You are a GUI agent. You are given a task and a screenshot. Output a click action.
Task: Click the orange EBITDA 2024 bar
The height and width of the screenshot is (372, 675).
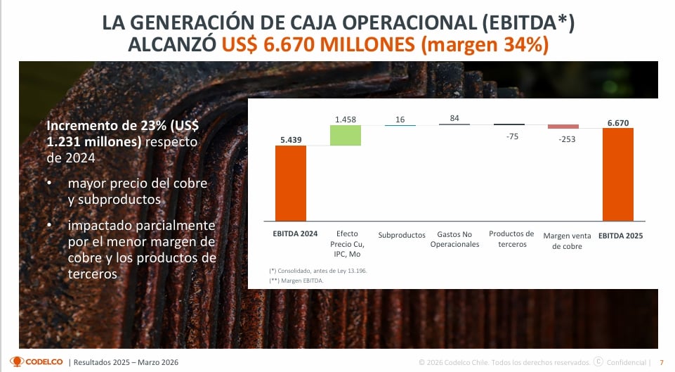click(x=290, y=183)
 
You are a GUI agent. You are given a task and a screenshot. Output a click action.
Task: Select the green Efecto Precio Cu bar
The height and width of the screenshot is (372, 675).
click(x=345, y=135)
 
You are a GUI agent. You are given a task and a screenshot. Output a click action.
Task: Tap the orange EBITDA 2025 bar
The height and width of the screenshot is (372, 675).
click(x=618, y=174)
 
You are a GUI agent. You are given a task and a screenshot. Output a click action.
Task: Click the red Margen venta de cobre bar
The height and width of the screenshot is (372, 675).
click(x=563, y=127)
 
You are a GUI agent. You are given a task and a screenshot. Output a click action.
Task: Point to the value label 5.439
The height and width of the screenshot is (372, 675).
click(x=290, y=139)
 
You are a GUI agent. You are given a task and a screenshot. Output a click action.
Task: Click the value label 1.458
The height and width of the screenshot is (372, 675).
click(x=346, y=120)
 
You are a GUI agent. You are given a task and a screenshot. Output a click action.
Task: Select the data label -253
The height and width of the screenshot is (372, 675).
click(x=563, y=139)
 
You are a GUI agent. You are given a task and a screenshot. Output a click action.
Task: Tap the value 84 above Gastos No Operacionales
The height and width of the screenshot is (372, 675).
click(x=454, y=118)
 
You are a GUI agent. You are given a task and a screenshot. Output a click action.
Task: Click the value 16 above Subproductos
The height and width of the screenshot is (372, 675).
click(x=400, y=120)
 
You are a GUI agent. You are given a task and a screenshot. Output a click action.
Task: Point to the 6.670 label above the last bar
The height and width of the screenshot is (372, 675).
click(x=618, y=122)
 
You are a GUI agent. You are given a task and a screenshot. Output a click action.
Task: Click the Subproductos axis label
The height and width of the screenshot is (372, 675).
click(x=402, y=235)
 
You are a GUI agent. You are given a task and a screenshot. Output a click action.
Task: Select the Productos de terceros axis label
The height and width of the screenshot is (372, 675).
click(x=511, y=239)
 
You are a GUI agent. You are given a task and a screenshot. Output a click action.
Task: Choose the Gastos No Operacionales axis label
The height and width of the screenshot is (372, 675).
click(x=454, y=239)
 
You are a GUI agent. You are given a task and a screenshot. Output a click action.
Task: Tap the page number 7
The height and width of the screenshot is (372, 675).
click(x=661, y=362)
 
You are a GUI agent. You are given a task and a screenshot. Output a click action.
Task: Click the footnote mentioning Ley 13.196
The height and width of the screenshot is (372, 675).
click(x=317, y=271)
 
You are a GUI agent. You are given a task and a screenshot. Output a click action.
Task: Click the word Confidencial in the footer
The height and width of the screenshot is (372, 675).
click(x=627, y=362)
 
